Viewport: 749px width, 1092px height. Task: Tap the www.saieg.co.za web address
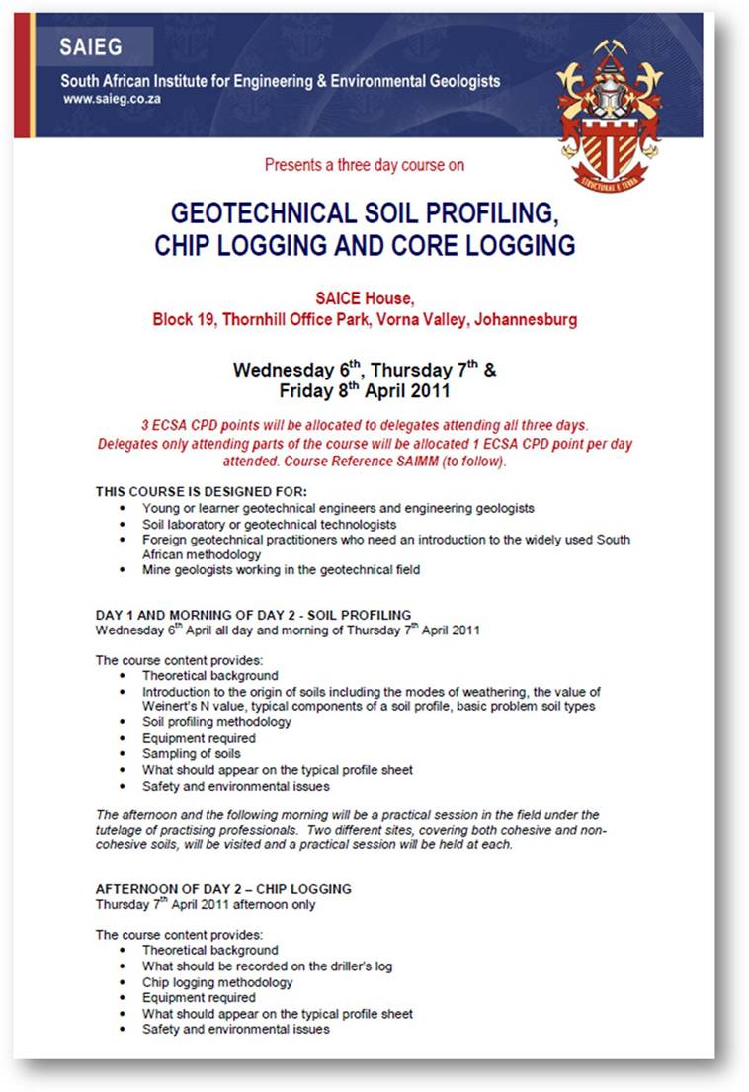(x=113, y=99)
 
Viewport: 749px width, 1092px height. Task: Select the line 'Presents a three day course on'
(x=365, y=165)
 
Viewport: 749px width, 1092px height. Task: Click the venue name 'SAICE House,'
(x=364, y=300)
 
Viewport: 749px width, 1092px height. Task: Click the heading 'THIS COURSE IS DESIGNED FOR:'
(x=201, y=491)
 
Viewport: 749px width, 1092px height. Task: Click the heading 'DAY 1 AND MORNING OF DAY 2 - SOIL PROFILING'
(x=253, y=614)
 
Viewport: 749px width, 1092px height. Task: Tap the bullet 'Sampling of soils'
(x=191, y=753)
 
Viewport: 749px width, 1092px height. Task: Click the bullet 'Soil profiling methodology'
(x=216, y=721)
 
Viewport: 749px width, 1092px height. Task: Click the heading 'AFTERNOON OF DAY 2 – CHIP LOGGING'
(x=222, y=889)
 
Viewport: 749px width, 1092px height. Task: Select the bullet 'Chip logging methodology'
(x=217, y=982)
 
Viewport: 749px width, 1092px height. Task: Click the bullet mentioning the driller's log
(x=267, y=966)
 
